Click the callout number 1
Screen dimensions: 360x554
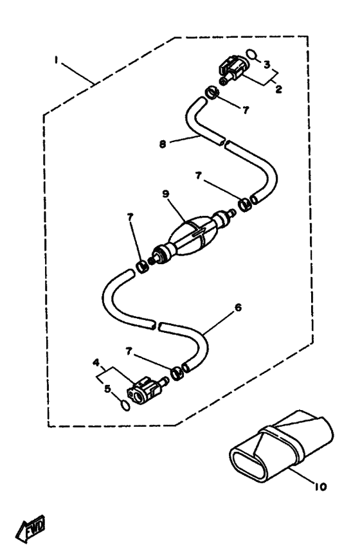click(55, 60)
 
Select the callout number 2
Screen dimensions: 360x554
click(278, 89)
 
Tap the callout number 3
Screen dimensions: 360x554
click(267, 64)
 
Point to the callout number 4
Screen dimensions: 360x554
click(96, 363)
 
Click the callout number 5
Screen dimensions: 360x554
click(108, 389)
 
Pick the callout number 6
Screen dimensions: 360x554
click(238, 307)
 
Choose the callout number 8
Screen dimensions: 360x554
click(163, 144)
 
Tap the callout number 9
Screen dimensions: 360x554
click(166, 193)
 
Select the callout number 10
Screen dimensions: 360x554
click(319, 487)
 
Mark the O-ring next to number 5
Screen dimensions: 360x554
click(125, 406)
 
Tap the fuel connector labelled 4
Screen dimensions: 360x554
click(147, 390)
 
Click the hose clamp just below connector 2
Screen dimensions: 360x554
click(212, 92)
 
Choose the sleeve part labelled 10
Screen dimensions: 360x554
click(281, 446)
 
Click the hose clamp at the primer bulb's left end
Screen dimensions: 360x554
click(143, 266)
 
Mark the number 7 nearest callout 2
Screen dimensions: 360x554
click(246, 110)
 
